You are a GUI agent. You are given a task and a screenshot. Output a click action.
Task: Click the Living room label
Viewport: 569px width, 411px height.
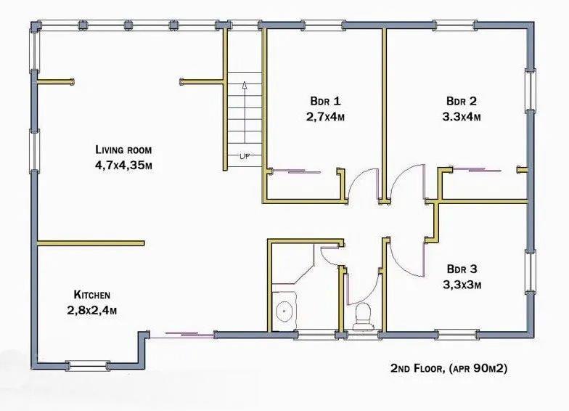tap(123, 150)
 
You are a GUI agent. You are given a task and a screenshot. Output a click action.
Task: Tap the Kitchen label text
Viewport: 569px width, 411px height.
tap(91, 295)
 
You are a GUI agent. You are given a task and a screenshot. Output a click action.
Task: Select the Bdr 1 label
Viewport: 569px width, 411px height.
tap(325, 100)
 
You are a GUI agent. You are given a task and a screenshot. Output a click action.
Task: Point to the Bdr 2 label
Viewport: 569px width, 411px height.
tap(462, 100)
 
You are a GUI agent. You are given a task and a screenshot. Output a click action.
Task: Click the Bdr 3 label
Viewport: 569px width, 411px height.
tap(462, 269)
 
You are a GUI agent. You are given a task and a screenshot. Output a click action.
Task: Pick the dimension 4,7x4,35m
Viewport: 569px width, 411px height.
tap(123, 166)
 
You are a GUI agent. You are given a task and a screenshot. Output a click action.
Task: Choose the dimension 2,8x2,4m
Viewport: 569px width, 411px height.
tap(91, 311)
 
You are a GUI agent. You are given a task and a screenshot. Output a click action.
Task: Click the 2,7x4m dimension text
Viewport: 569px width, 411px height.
tap(325, 117)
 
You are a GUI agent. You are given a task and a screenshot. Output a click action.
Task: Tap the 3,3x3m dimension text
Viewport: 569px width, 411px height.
tap(462, 285)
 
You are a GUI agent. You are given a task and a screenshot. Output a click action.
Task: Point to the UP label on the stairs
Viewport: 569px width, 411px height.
tap(245, 157)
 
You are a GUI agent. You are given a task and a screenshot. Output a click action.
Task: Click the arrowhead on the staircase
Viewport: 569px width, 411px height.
tap(245, 85)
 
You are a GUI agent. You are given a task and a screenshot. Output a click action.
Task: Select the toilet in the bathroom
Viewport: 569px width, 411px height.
tap(363, 317)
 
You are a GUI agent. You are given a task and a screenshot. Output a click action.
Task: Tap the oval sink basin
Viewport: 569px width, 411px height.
tap(284, 311)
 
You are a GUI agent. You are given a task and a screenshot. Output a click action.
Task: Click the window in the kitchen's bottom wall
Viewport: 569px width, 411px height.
tap(87, 366)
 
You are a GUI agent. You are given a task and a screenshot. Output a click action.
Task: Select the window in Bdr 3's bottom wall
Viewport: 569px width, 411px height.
tap(457, 334)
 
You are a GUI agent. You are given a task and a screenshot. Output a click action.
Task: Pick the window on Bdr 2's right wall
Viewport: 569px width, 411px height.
tap(530, 90)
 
